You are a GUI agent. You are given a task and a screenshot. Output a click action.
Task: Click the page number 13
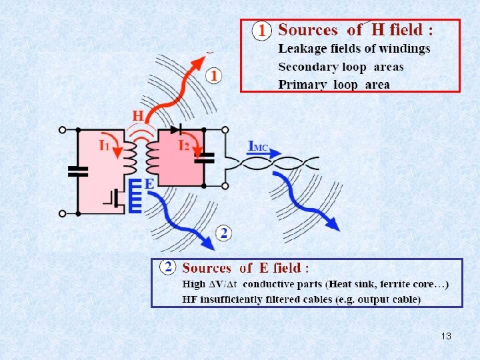coord(446,336)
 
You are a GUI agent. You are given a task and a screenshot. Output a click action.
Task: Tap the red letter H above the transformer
coord(138,116)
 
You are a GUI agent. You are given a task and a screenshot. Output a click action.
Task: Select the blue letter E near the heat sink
coord(149,184)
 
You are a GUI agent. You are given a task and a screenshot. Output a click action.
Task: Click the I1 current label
coord(104,145)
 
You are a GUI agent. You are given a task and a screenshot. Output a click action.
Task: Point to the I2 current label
coord(184,145)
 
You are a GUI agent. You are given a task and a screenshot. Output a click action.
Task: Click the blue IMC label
coord(258,146)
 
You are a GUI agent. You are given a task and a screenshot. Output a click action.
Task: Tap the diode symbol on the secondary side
coord(177,129)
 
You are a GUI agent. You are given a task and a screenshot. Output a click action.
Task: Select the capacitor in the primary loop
coord(78,172)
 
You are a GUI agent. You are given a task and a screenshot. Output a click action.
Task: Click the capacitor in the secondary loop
coord(204,158)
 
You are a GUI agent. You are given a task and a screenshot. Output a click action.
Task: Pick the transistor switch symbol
coord(115,199)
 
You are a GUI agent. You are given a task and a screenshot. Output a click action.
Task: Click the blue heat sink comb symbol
coord(135,196)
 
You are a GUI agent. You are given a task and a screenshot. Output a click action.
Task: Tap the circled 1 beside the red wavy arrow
coord(214,76)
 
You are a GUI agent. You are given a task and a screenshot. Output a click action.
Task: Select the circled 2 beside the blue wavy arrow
coord(224,233)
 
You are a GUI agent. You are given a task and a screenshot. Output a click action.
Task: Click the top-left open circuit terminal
coord(62,130)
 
